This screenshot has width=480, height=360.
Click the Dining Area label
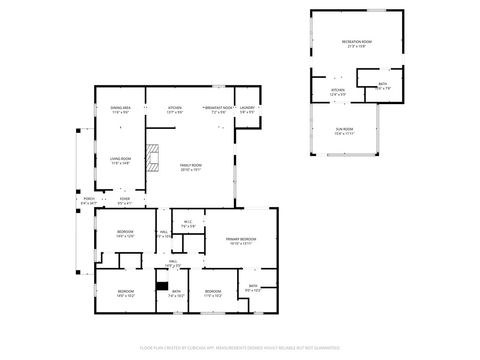click(x=121, y=109)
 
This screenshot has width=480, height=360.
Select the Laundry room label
click(x=246, y=109)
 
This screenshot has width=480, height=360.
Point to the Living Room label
click(x=121, y=160)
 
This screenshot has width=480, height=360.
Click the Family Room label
click(x=190, y=167)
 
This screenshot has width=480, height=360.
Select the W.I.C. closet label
click(x=188, y=224)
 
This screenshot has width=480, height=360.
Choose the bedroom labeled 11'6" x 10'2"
click(x=213, y=293)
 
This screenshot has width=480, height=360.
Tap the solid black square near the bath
click(x=161, y=286)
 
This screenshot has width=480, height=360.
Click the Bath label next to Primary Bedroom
click(x=253, y=288)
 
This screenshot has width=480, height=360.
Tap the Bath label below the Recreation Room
click(x=383, y=86)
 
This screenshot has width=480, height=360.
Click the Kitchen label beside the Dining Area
click(x=175, y=109)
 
